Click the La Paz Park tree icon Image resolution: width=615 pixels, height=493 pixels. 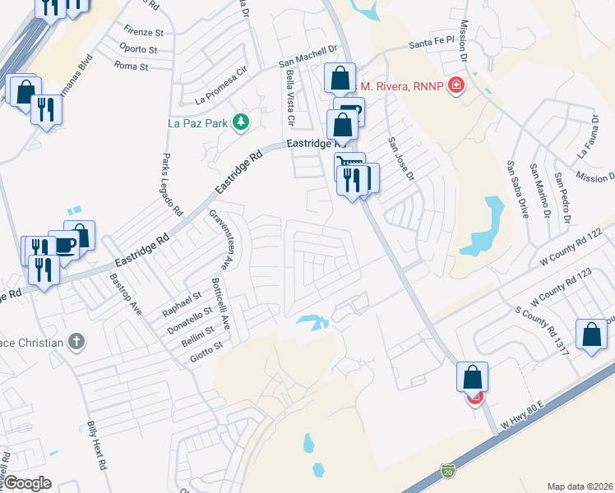click(241, 122)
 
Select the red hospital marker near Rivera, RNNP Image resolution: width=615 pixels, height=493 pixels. click(455, 86)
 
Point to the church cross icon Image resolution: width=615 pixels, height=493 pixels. click(76, 341)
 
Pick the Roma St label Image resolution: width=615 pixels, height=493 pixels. click(131, 66)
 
